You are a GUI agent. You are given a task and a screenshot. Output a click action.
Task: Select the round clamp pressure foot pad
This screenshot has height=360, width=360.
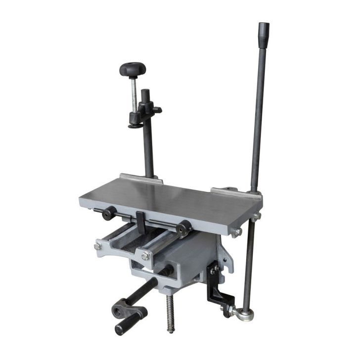click(x=135, y=125)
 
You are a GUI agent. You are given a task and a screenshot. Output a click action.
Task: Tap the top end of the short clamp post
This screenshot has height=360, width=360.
click(x=145, y=92)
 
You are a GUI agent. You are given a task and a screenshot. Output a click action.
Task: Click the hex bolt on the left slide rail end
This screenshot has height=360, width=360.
click(x=98, y=246)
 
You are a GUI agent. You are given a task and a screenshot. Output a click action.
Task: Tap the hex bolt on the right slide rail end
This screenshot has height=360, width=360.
click(x=144, y=256)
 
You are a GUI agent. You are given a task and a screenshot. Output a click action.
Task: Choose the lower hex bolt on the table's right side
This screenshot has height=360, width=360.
click(x=238, y=231)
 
